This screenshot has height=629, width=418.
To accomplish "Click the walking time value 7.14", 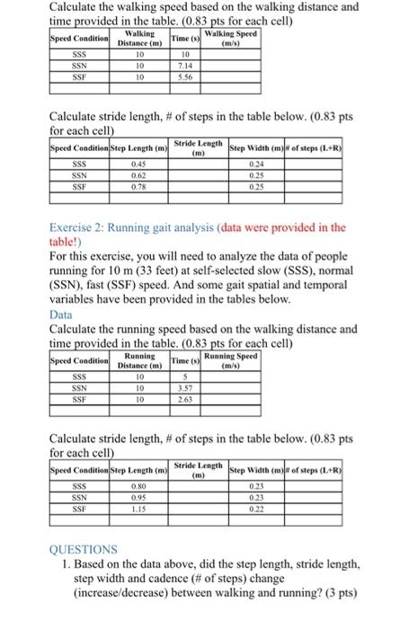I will [186, 67].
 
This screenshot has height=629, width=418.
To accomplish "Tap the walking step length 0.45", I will [138, 164].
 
